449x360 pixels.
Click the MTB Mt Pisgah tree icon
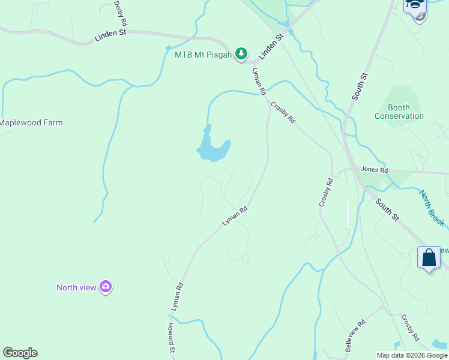tap(241, 55)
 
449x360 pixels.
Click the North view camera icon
tap(106, 287)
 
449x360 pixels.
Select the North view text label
tap(76, 287)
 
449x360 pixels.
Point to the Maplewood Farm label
tap(31, 122)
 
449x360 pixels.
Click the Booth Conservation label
tap(399, 112)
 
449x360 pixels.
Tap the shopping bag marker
tap(429, 258)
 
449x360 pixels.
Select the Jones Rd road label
tap(375, 170)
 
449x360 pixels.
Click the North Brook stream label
tap(432, 208)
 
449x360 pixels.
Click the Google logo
tap(20, 353)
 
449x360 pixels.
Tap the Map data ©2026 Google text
tap(412, 355)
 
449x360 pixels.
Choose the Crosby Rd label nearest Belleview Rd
tap(409, 328)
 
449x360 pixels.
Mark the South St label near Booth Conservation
tap(360, 87)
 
